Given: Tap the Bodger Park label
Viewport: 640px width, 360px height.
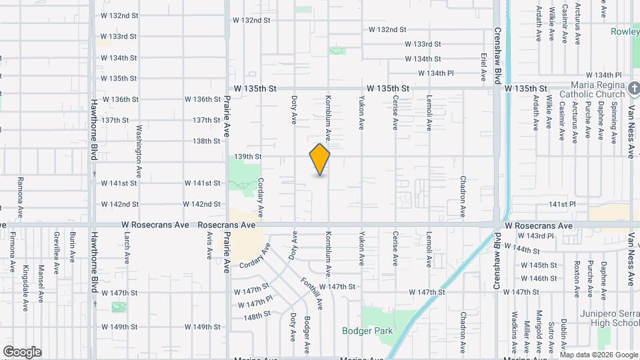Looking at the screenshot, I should tap(367, 331).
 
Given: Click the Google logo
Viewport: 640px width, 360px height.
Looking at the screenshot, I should tap(22, 352).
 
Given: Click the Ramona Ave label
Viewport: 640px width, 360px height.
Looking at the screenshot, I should tap(21, 194).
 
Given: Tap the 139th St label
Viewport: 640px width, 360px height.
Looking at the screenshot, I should tap(247, 157).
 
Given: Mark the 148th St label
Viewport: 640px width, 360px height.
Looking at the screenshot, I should tap(257, 315).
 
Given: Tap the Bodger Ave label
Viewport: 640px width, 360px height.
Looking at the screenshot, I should tap(307, 335).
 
